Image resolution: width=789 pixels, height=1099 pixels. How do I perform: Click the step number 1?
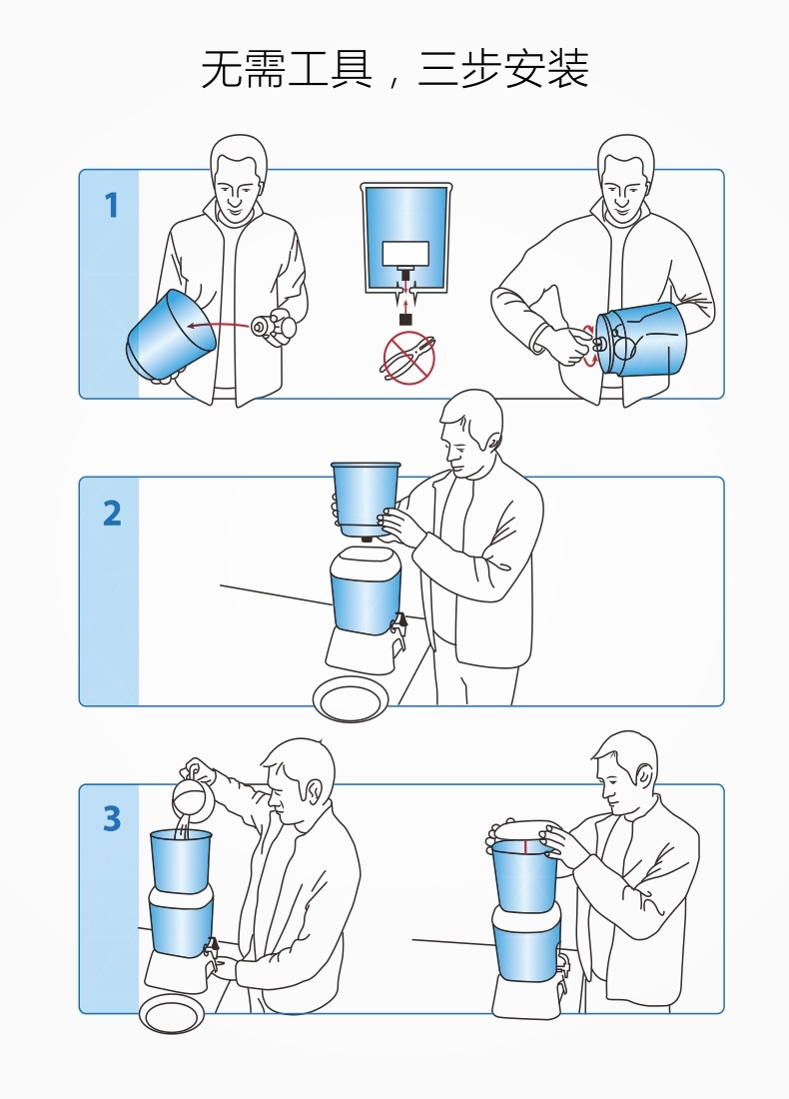[112, 206]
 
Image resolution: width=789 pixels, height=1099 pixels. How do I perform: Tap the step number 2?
[112, 514]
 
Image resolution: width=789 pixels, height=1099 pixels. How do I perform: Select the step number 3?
[112, 818]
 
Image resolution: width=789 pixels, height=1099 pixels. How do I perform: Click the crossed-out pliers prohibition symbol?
[407, 358]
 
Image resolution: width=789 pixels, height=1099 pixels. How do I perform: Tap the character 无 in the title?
[223, 69]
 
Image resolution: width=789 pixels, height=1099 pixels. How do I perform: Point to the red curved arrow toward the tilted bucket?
[219, 324]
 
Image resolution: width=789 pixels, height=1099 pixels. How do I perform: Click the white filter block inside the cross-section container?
[405, 254]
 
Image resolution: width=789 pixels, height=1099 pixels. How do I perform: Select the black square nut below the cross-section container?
[405, 319]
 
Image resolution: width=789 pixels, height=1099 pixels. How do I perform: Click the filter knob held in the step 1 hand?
[269, 328]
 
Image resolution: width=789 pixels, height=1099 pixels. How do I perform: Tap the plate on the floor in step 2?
[351, 698]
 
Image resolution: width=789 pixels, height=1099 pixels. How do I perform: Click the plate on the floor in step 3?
[172, 1013]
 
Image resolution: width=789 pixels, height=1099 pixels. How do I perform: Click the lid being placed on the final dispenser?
[524, 830]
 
